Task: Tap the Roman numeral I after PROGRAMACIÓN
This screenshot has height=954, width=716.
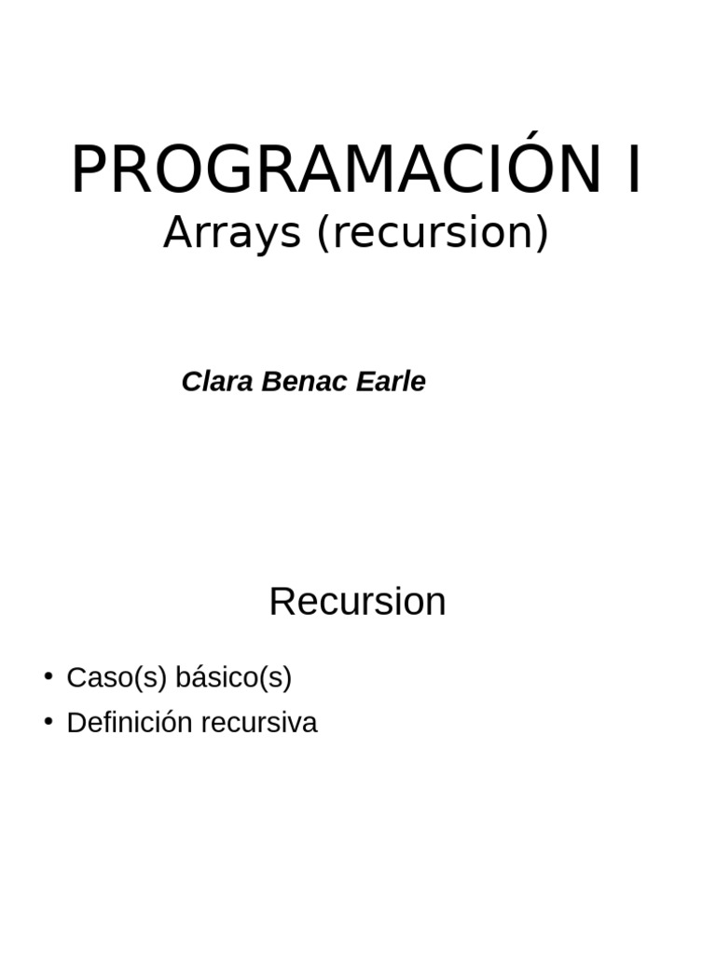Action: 634,170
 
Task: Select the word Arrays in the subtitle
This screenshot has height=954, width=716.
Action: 232,233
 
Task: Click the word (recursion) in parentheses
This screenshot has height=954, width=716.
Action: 433,233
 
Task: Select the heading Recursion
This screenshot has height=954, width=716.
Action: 357,602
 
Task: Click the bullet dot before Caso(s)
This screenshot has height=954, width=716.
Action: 48,675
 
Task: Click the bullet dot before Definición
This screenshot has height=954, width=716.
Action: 48,720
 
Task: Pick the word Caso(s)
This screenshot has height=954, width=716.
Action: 117,677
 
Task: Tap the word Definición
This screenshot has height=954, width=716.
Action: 130,722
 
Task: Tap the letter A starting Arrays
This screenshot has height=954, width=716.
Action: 176,233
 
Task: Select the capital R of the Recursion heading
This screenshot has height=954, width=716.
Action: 281,602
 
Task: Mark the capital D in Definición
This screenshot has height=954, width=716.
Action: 76,722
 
